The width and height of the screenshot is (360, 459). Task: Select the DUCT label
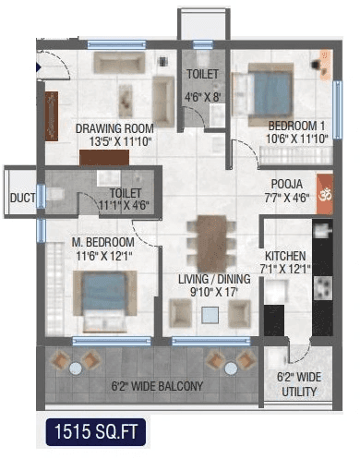pyautogui.click(x=21, y=197)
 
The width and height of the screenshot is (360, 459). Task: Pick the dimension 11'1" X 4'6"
pyautogui.click(x=123, y=206)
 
